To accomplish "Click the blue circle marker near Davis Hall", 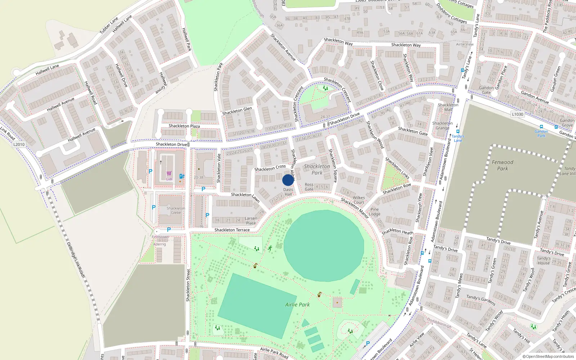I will [x=288, y=180].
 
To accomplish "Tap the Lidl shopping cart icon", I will [x=169, y=174].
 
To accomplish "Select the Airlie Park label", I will [x=297, y=305].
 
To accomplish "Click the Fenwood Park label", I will [x=503, y=165].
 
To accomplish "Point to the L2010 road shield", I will [x=19, y=144].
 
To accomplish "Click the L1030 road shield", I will [x=517, y=114].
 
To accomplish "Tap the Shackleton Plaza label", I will [x=184, y=126].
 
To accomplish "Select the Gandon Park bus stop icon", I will [x=541, y=127].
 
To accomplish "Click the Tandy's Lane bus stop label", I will [x=458, y=138].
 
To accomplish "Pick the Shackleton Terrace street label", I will [x=232, y=230].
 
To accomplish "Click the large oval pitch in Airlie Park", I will [x=324, y=246].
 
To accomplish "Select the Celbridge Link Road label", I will [x=76, y=259].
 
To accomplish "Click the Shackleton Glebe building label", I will [x=176, y=210].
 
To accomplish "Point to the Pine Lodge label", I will [x=374, y=211].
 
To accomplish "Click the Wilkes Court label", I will [x=359, y=200].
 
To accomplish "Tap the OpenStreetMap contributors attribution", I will [x=548, y=356].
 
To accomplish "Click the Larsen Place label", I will [x=251, y=220].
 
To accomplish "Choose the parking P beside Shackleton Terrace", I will [x=168, y=229].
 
